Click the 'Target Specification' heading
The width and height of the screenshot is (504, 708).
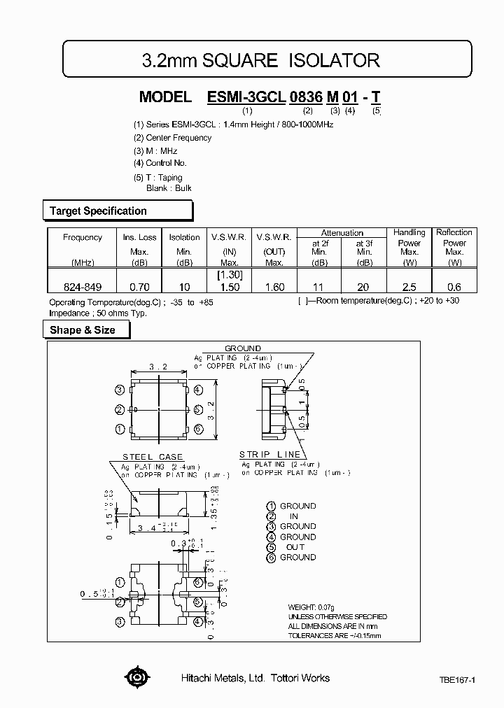(98, 211)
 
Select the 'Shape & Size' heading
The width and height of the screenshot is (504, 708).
(83, 330)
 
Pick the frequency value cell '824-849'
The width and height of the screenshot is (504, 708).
(82, 287)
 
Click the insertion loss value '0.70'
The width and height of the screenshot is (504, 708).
(140, 287)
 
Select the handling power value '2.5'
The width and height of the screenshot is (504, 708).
(409, 287)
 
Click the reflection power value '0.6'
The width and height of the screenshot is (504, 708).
(454, 287)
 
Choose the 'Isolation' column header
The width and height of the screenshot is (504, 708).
(184, 237)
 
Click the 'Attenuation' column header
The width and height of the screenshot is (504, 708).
(342, 233)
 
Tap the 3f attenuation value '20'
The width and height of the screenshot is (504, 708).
(364, 287)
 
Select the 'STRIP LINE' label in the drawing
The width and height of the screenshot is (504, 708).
(269, 454)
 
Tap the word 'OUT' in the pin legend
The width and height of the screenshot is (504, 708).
(295, 547)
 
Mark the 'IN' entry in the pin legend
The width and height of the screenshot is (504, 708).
(294, 516)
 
